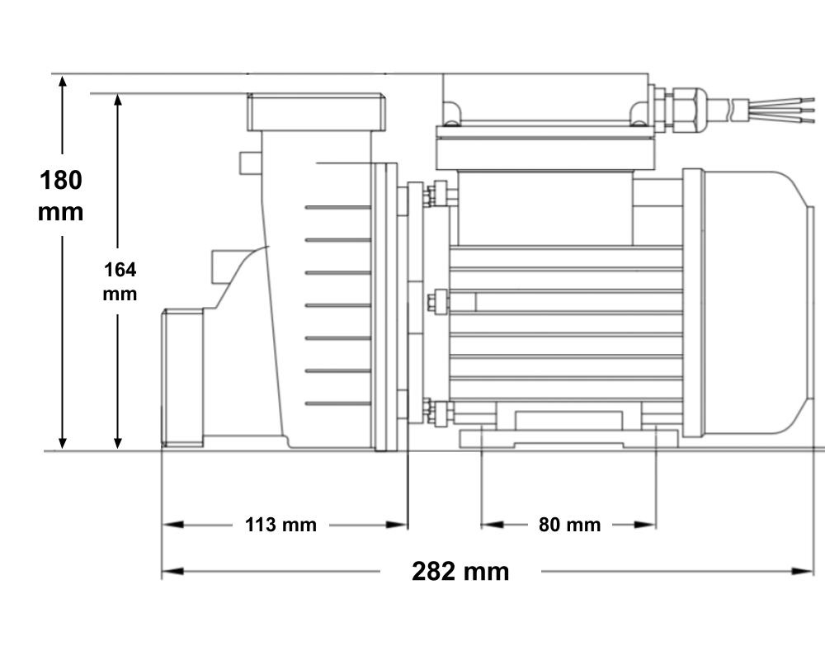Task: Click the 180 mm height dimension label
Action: [x=60, y=196]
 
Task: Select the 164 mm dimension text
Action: [x=120, y=281]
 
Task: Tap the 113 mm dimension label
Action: [x=281, y=525]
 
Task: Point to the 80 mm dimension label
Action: [x=569, y=525]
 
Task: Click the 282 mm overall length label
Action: [x=460, y=572]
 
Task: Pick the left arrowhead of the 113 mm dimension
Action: [x=172, y=525]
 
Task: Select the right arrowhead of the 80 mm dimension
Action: [x=645, y=525]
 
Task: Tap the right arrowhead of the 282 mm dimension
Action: [x=803, y=571]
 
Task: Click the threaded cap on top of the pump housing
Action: [x=316, y=112]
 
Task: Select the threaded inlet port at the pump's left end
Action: [x=182, y=378]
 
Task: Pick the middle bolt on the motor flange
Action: [x=438, y=302]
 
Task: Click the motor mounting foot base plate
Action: [x=568, y=438]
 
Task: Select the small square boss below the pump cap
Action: [x=251, y=163]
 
